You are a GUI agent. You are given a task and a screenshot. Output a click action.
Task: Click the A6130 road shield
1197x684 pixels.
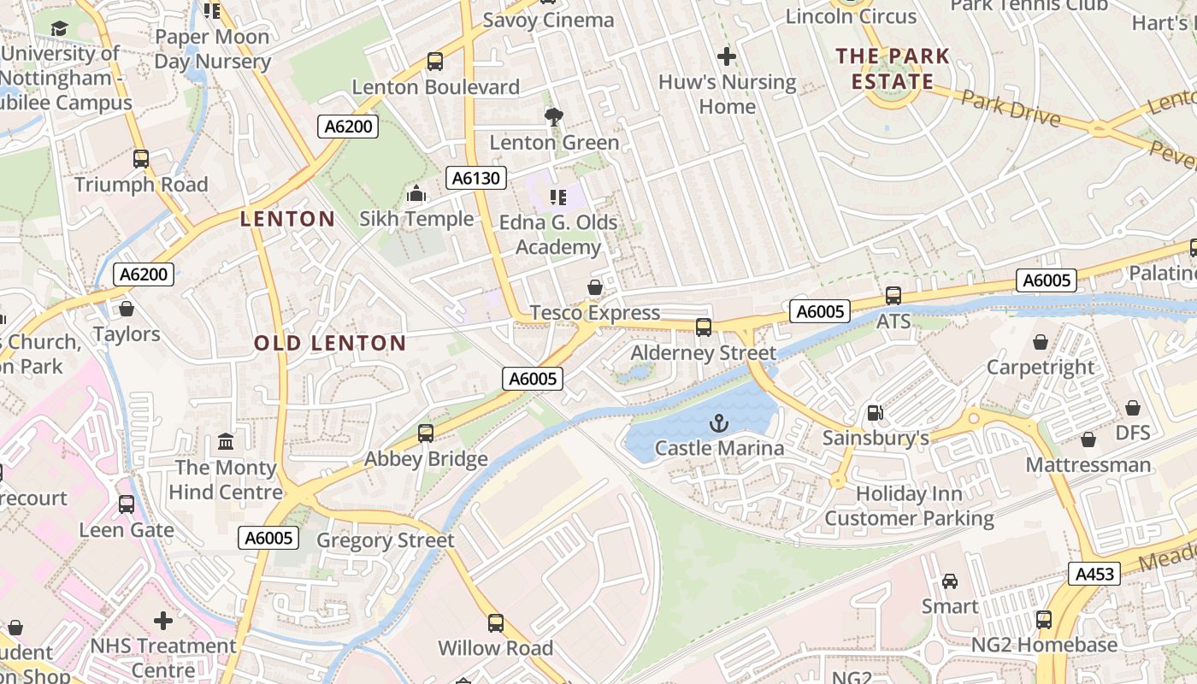(476, 178)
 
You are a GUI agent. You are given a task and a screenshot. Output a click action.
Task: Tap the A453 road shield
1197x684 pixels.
(1094, 573)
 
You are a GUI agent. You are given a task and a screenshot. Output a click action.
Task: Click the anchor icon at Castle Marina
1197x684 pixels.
(719, 422)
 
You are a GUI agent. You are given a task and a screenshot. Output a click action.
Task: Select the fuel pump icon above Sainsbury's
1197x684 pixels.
(875, 413)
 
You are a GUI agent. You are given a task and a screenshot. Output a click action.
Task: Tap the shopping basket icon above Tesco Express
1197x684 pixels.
(595, 287)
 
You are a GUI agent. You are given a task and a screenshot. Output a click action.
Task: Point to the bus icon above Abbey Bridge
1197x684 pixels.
(426, 433)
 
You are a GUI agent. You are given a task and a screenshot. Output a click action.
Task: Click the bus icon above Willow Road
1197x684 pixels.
(495, 623)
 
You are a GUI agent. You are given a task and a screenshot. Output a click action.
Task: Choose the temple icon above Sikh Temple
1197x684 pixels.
(416, 194)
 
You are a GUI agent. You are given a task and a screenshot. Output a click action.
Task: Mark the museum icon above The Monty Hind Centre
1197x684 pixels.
(226, 442)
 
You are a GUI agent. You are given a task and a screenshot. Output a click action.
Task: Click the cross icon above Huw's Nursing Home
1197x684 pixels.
(727, 57)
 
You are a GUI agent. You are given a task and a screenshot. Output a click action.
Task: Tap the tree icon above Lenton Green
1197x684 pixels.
(554, 117)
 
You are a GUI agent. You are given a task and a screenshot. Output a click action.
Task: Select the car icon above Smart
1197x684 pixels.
(949, 581)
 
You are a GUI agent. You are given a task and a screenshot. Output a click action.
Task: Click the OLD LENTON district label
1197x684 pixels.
(330, 344)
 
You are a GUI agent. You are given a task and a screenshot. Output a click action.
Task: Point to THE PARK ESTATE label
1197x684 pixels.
(893, 69)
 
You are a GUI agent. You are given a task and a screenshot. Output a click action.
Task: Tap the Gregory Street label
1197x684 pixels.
(385, 540)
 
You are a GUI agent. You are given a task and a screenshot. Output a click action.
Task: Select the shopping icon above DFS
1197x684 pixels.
(1132, 408)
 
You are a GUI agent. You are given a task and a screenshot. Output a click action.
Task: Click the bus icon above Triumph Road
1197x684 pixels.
(141, 159)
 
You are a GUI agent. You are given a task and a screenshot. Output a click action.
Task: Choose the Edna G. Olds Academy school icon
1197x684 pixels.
(558, 198)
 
